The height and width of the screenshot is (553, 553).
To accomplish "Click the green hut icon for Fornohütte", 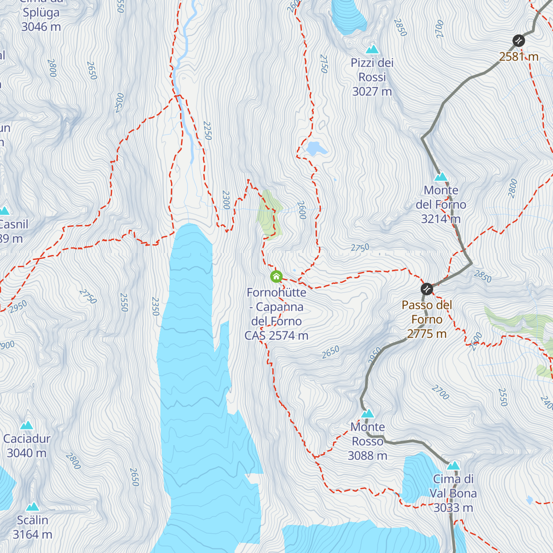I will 276,276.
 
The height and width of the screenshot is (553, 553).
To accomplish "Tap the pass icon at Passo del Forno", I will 427,289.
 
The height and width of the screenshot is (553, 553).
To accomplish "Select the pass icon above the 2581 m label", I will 519,41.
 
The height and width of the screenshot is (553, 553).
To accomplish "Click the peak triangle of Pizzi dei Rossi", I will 372,49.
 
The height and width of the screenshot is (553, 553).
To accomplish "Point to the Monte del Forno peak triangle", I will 441,176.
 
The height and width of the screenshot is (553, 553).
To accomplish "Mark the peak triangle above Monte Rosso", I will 367,413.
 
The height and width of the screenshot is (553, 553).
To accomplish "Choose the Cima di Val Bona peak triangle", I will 453,465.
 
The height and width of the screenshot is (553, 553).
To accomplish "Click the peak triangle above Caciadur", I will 27,425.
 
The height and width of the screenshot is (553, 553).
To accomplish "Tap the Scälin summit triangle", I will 32,506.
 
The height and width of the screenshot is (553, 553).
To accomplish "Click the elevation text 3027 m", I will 372,92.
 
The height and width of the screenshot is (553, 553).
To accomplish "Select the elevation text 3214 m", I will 441,219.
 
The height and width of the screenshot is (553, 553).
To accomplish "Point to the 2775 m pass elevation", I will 427,334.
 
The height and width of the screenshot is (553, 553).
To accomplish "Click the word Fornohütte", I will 276,293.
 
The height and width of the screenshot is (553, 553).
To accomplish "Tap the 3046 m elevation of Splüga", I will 41,27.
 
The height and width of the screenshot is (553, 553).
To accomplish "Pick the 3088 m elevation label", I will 367,456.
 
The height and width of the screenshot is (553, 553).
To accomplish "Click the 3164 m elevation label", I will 32,535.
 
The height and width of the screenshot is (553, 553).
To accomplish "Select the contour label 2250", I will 207,131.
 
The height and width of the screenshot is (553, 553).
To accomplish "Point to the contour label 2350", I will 155,306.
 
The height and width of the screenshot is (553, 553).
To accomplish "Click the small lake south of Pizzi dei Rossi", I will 316,148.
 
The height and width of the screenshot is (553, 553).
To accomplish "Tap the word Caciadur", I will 27,439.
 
